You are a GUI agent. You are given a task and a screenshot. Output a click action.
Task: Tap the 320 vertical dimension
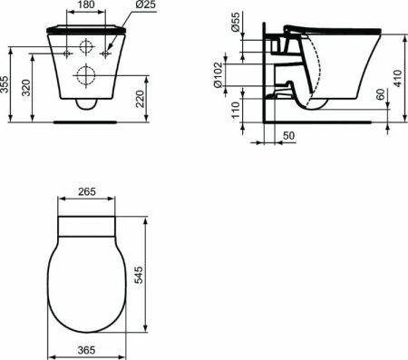point(27,87)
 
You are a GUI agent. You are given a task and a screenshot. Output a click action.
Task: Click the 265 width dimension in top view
point(87,193)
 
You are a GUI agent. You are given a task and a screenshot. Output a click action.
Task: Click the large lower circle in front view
point(87,74)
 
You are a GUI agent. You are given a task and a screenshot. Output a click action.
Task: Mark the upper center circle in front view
point(87,48)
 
